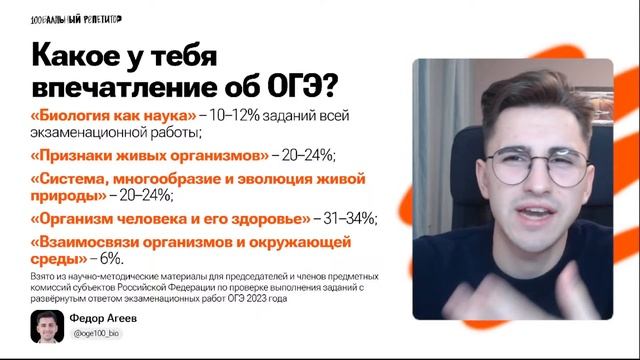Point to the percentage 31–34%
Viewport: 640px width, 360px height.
(348, 218)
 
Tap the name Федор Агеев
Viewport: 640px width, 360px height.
(104, 318)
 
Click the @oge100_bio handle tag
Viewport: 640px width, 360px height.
(96, 333)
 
